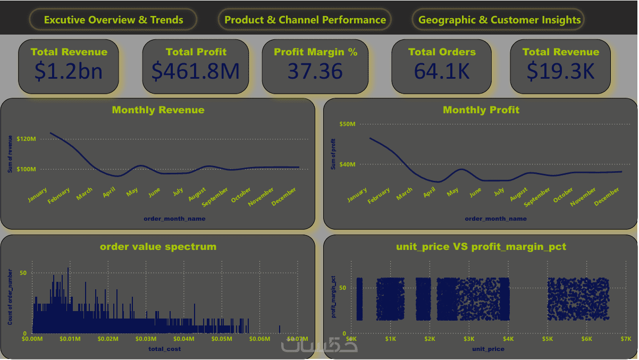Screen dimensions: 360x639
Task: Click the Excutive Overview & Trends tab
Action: click(113, 20)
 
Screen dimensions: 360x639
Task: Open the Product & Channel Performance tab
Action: click(305, 20)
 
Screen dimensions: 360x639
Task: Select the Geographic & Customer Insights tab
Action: click(499, 20)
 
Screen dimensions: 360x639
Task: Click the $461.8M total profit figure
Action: click(196, 71)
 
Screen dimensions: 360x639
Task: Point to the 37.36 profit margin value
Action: click(315, 71)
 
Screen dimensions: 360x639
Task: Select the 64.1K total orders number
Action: click(442, 71)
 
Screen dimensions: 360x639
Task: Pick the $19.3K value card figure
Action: click(560, 71)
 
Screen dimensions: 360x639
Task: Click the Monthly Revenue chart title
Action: click(158, 110)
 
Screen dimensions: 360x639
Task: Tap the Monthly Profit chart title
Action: click(481, 110)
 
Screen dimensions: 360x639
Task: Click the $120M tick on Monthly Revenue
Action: click(26, 139)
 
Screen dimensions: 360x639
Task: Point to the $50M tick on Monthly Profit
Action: click(347, 124)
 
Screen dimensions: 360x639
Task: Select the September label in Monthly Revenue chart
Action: click(215, 195)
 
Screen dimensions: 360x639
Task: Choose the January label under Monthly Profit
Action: click(357, 195)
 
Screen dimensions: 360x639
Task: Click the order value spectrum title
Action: click(158, 247)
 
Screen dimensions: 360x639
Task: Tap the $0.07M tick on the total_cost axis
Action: click(297, 339)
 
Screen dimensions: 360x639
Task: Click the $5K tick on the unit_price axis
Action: click(548, 339)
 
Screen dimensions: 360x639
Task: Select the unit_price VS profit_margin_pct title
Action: click(481, 247)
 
